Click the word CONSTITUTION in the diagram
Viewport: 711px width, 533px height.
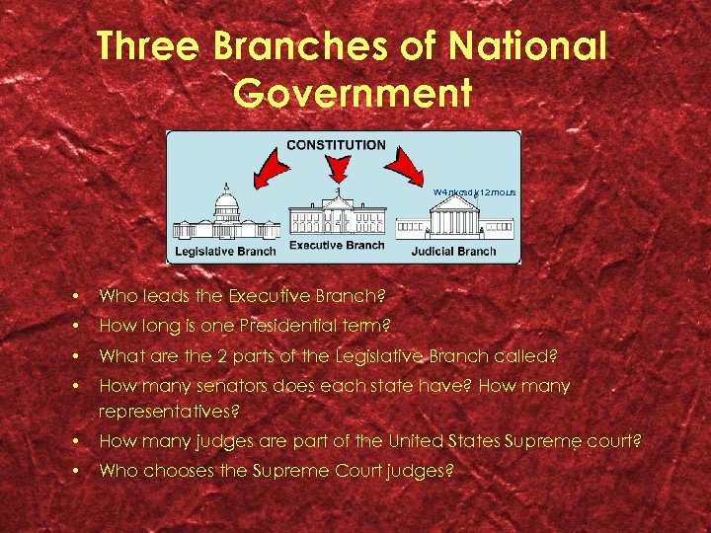point(336,145)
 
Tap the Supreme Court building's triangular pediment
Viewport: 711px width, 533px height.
point(454,202)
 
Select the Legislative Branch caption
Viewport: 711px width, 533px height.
point(225,251)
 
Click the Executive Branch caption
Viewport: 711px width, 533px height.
point(337,244)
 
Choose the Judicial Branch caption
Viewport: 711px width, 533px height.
point(453,251)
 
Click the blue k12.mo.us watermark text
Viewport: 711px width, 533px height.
point(474,191)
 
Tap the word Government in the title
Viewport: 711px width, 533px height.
point(355,93)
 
